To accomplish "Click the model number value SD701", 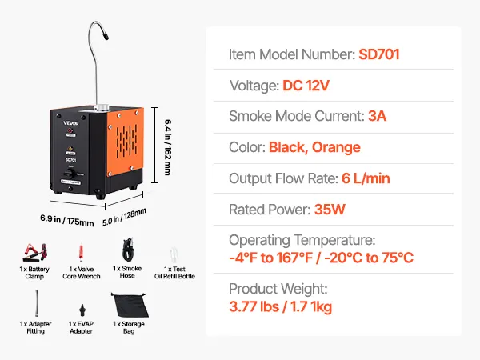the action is pos(379,54).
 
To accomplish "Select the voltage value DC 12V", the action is pos(306,86).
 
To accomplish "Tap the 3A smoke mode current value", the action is pos(377,116).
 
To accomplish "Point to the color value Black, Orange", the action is pos(314,147).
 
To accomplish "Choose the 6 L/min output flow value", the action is pos(366,178).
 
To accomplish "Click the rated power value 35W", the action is pos(330,210).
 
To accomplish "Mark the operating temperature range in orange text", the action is pos(321,258).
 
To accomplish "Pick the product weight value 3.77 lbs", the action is pos(254,306).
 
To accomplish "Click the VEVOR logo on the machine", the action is pos(71,123).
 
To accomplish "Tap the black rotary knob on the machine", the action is pos(70,174).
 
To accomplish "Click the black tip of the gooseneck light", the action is pos(106,36).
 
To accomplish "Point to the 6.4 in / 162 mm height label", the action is pos(168,147).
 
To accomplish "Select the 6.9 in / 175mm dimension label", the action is pos(66,221).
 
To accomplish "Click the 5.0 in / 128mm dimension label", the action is pos(124,217).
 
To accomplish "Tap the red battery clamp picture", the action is pos(35,252).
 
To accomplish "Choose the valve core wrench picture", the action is pos(81,252).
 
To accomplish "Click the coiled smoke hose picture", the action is pos(128,249).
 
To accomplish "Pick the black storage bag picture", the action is pos(130,305).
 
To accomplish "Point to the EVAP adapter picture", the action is pos(82,310).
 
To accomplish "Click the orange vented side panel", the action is pos(126,142).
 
